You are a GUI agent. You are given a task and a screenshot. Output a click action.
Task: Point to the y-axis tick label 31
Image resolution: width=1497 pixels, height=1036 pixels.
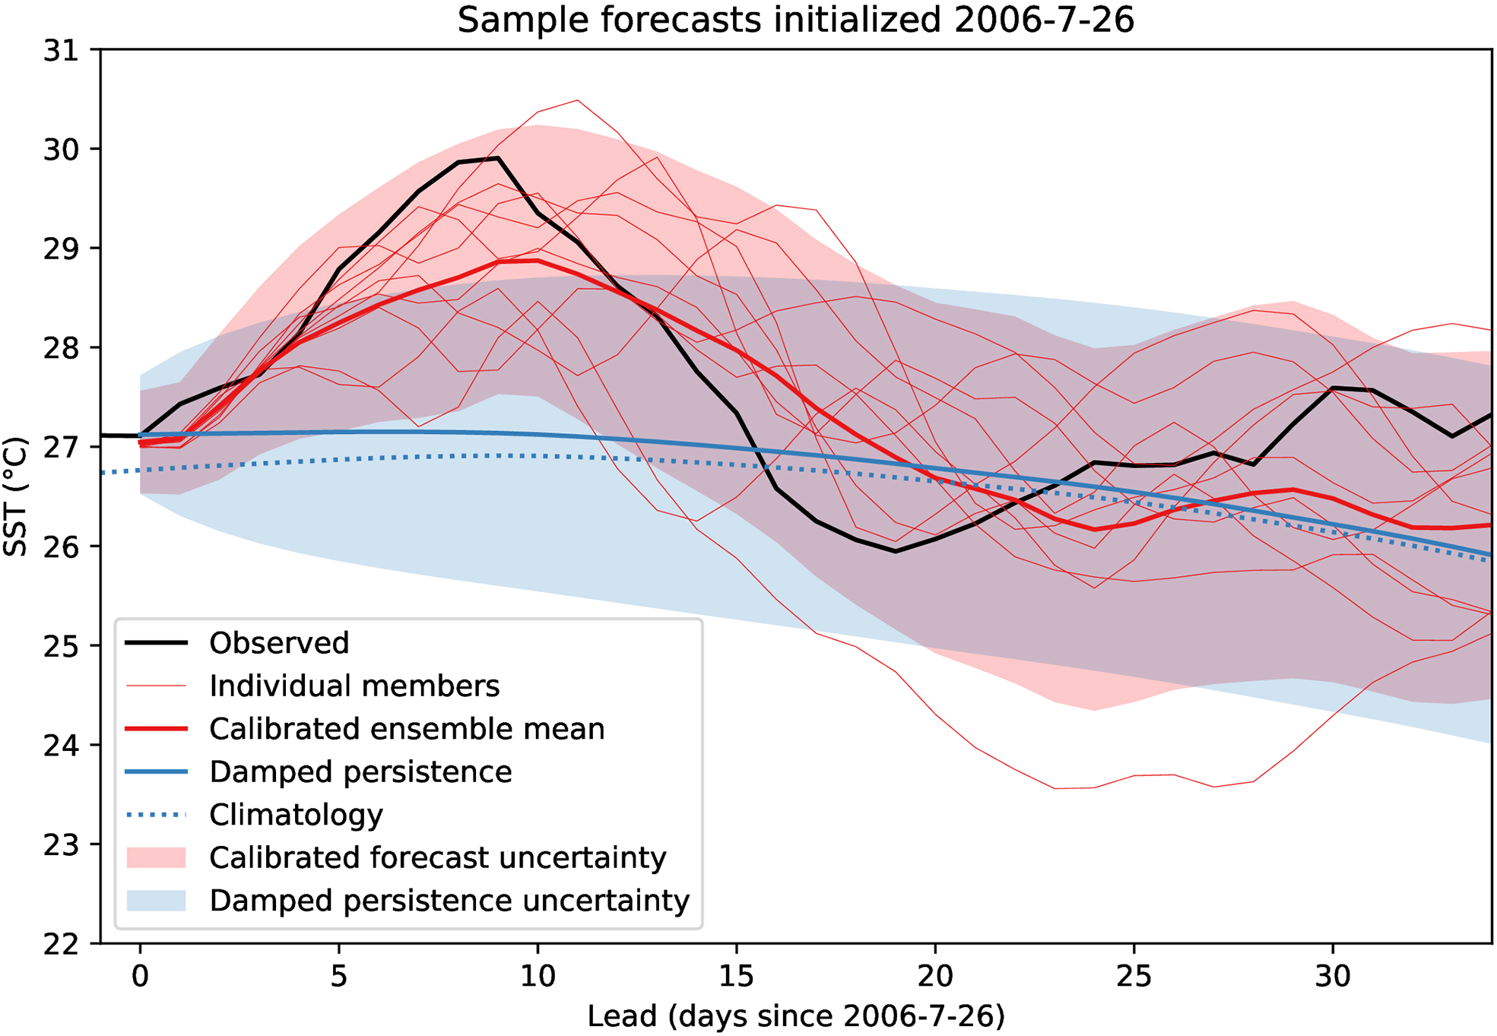pos(61,51)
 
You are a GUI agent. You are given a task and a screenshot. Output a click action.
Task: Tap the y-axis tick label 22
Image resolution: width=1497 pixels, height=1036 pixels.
pos(61,944)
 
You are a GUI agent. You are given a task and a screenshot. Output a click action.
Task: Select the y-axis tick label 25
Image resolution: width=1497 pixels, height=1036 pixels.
pos(61,646)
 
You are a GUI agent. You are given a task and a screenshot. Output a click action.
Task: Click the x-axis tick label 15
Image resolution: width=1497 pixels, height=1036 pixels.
pos(736,976)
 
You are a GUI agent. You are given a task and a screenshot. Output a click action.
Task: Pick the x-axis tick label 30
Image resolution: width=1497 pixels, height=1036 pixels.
pos(1332,976)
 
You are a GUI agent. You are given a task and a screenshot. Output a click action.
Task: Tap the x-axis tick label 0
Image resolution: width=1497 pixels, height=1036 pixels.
pos(140,976)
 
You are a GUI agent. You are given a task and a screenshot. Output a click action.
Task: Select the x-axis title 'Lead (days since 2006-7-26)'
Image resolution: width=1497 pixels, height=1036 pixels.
pos(795,1015)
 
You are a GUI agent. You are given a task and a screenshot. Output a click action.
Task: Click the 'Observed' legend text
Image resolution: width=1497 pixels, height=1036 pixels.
pos(279,643)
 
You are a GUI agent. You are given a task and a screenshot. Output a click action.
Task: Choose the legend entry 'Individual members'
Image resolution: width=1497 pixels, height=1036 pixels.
pos(354,686)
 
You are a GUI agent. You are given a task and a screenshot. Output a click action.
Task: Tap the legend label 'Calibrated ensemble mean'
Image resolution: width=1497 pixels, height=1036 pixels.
pos(407,729)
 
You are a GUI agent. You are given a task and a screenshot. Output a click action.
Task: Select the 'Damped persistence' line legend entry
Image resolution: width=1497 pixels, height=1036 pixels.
pos(360,771)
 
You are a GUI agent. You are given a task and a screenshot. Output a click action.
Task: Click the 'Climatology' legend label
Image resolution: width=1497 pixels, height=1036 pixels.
pos(296,815)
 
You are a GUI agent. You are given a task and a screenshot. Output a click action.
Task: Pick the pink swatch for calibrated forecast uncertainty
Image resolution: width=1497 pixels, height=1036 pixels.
pos(156,857)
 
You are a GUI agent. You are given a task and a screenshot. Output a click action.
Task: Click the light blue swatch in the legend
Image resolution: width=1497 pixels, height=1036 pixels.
pos(156,901)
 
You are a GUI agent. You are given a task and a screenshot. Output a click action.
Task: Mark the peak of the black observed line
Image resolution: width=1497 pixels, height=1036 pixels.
pos(497,158)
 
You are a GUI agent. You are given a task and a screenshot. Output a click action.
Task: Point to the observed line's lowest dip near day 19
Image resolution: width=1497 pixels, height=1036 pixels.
pos(896,551)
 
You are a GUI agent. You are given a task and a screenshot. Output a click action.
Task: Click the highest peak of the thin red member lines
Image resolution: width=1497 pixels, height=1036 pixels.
pos(578,100)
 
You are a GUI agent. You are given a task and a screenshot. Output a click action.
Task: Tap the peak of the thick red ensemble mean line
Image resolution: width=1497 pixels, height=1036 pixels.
pos(537,260)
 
